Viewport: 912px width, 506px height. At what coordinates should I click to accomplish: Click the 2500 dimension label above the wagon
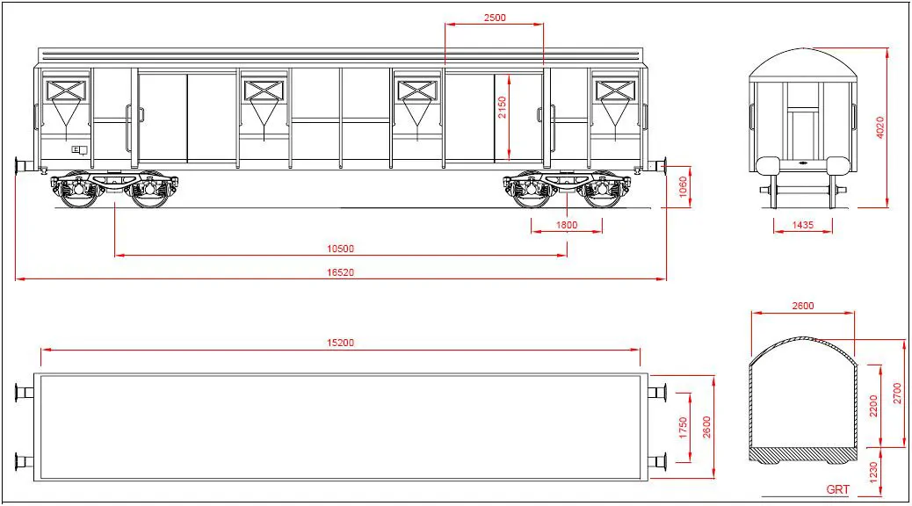[495, 18]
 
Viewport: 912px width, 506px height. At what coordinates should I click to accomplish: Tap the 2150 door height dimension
[502, 107]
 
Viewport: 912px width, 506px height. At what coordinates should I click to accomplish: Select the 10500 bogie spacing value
[340, 249]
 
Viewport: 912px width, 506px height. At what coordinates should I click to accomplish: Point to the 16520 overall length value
[340, 272]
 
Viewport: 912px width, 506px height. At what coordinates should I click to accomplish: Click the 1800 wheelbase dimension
[567, 225]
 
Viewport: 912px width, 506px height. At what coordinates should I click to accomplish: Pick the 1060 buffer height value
[683, 187]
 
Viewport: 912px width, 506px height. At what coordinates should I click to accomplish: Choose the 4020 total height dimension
[880, 127]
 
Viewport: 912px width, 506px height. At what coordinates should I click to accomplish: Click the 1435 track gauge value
[803, 225]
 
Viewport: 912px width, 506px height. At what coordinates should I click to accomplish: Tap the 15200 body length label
[340, 343]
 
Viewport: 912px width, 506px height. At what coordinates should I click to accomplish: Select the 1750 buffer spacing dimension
[683, 428]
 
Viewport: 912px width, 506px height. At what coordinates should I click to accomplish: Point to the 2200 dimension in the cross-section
[873, 406]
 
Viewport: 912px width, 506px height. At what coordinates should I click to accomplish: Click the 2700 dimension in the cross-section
[897, 394]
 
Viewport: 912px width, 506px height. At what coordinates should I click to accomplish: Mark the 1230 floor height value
[873, 473]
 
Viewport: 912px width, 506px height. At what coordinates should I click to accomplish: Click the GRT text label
[837, 489]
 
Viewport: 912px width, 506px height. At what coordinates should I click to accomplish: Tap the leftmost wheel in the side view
[78, 190]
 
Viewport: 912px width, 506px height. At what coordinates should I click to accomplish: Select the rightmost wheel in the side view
[603, 190]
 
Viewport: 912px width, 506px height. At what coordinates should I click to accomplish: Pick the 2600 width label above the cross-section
[803, 306]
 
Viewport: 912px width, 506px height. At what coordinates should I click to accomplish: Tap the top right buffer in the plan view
[657, 393]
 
